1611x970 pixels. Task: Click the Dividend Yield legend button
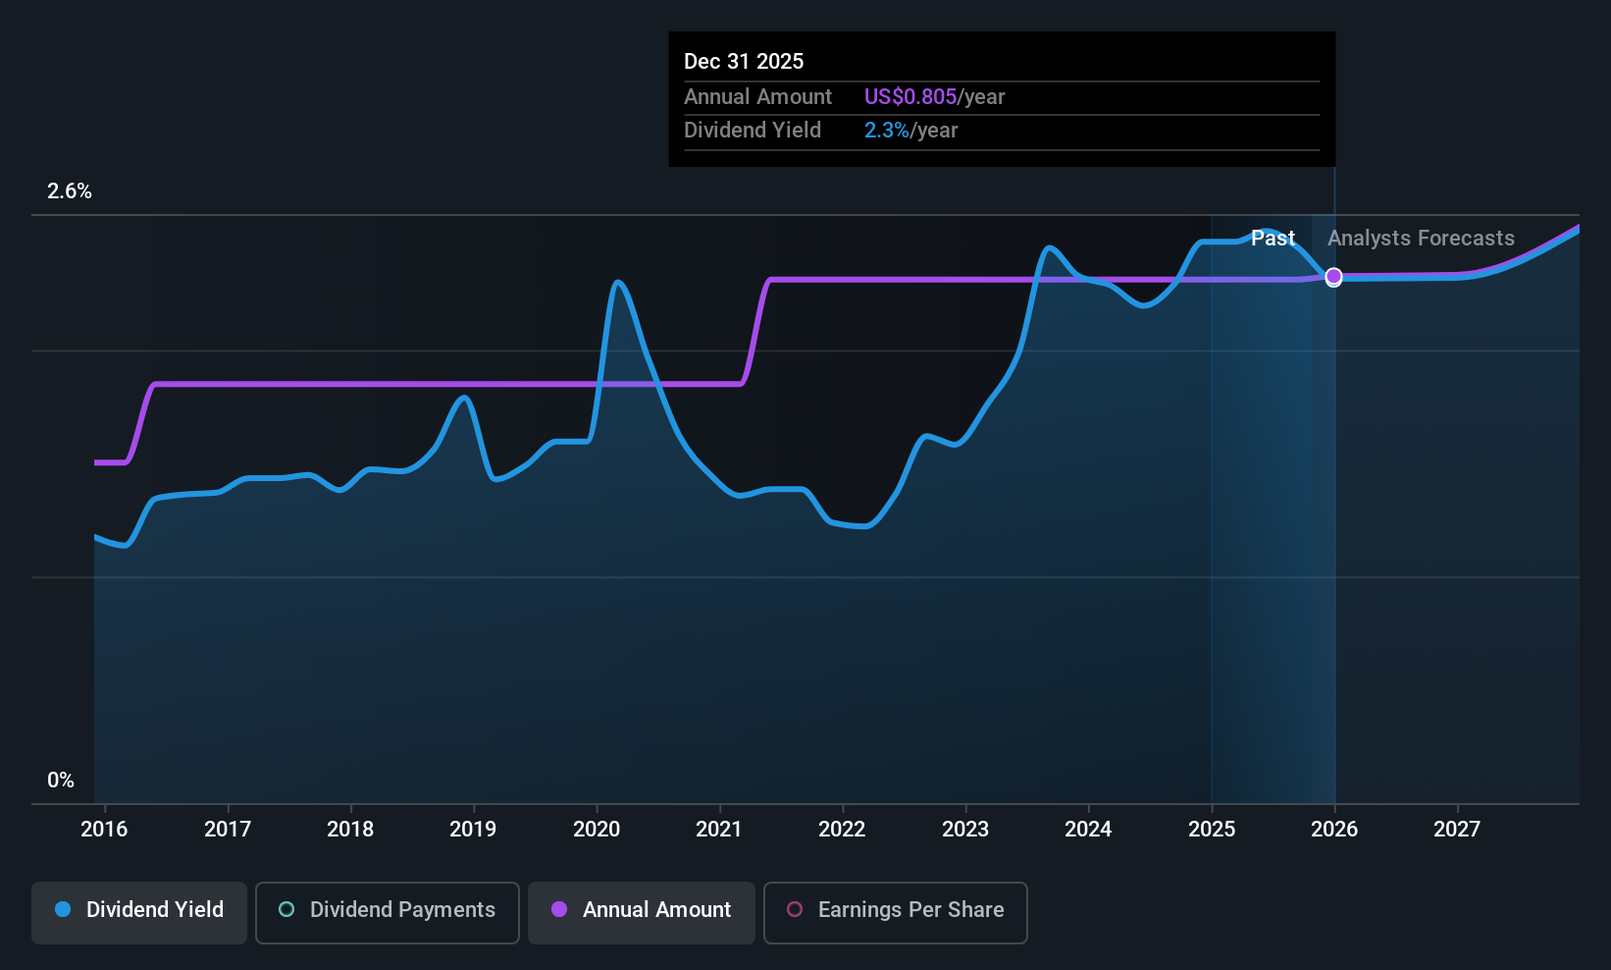139,910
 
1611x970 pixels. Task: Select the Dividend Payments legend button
388,910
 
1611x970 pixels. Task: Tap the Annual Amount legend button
642,910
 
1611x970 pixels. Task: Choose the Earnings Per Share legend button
895,910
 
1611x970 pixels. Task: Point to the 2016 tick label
104,830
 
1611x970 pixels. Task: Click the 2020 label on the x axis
597,830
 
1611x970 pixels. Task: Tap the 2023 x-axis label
965,830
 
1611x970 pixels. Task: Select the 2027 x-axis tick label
1457,830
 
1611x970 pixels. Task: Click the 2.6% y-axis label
70,191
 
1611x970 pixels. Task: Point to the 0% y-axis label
61,781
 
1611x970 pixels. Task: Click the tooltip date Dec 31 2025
744,62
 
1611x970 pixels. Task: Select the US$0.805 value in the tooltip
909,97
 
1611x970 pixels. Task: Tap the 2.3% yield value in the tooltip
887,131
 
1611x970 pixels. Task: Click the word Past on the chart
1273,239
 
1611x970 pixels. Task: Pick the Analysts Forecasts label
1421,239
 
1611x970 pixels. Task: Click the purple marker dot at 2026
1333,277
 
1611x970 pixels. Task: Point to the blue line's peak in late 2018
465,398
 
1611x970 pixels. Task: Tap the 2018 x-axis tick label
350,830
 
